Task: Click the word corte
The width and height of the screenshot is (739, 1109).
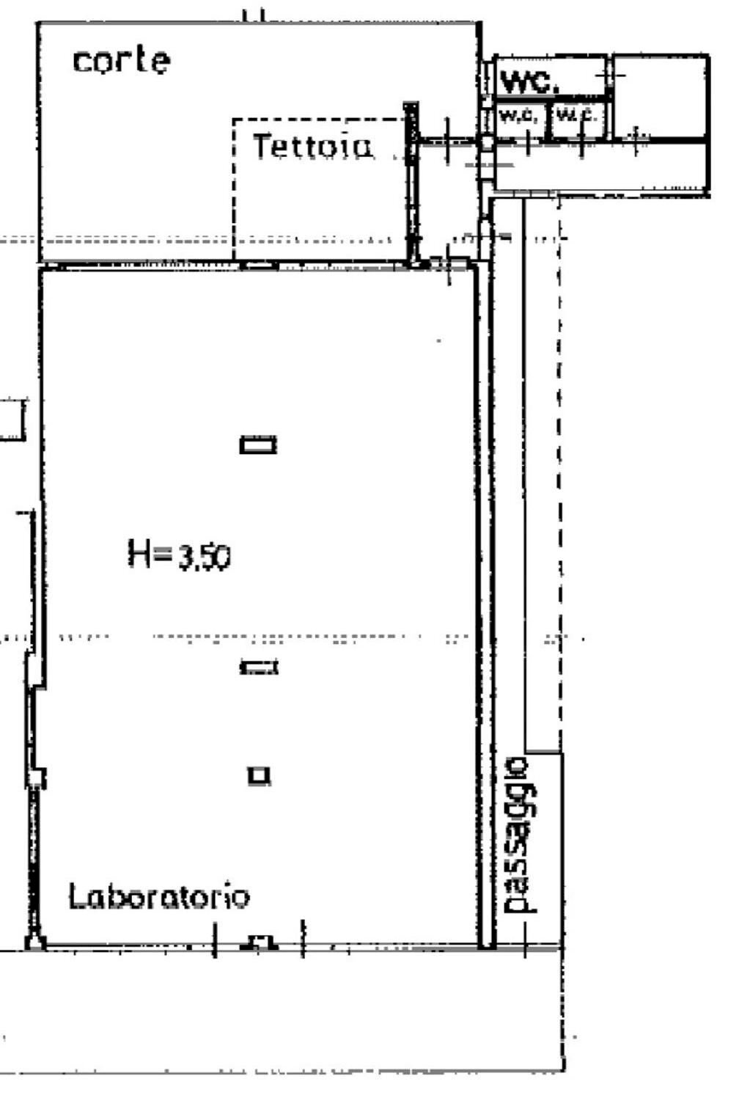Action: (x=121, y=60)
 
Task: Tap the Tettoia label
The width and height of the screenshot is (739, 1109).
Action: (x=312, y=146)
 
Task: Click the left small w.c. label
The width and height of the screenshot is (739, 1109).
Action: (x=520, y=115)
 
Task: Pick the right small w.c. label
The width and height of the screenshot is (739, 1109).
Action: (x=577, y=114)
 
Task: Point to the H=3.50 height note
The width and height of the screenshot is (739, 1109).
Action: (x=179, y=555)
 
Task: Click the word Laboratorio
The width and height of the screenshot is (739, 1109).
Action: (x=159, y=896)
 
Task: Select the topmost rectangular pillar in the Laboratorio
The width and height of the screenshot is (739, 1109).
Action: (x=258, y=444)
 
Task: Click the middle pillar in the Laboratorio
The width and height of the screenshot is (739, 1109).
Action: (x=259, y=667)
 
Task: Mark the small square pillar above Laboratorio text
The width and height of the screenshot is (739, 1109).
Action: (x=259, y=775)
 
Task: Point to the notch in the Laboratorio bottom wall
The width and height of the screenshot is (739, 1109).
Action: (x=260, y=942)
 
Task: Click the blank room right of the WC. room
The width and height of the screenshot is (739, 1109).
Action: (x=660, y=94)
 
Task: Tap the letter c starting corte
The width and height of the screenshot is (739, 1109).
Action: (x=82, y=62)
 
